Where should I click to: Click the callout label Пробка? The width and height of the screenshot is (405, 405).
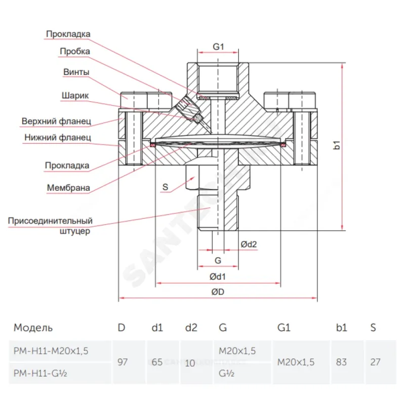(x=75, y=51)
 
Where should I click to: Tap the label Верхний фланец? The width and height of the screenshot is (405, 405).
(x=56, y=121)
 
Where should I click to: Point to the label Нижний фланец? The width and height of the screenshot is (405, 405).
(x=58, y=137)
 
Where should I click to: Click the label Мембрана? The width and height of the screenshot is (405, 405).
(x=68, y=188)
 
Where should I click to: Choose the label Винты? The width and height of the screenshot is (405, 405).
(x=76, y=72)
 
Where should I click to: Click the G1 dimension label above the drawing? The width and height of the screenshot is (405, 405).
(x=218, y=46)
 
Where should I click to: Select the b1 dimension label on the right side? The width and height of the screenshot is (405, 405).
(x=337, y=146)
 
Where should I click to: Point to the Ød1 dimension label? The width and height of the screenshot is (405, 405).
(x=218, y=276)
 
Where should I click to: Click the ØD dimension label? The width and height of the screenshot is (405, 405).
(x=218, y=292)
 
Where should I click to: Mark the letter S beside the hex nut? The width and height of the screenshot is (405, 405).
(x=165, y=187)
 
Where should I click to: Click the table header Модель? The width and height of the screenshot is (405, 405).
(x=33, y=328)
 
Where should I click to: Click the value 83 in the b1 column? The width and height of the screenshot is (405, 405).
(x=342, y=362)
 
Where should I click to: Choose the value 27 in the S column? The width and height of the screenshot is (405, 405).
(x=375, y=362)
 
